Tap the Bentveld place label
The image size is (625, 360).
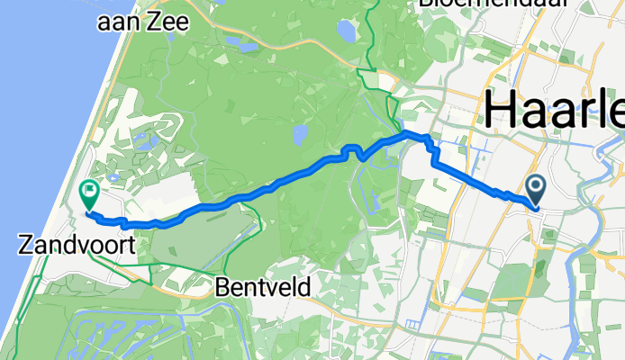[263, 286]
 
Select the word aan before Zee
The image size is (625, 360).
[122, 22]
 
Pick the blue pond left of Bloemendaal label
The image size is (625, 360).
[345, 31]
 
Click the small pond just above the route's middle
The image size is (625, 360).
[299, 135]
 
